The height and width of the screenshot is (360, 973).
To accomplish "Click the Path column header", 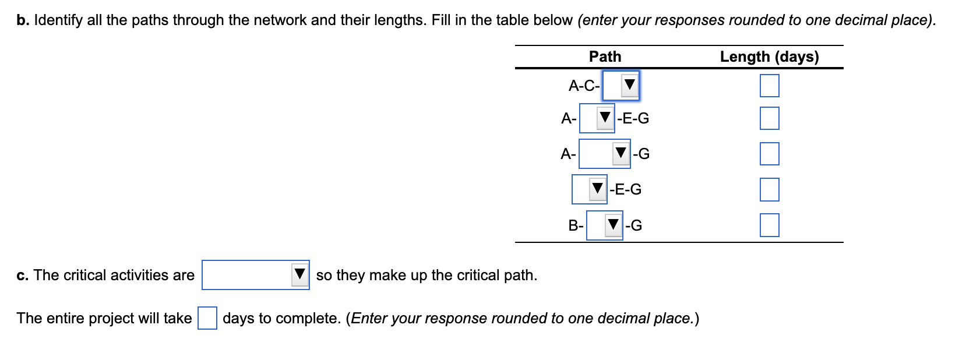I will pyautogui.click(x=605, y=57).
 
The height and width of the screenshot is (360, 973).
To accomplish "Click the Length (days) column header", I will pyautogui.click(x=769, y=57).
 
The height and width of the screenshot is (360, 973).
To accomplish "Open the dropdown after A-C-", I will pyautogui.click(x=621, y=86).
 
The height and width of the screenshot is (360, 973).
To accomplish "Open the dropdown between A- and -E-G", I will pyautogui.click(x=597, y=118).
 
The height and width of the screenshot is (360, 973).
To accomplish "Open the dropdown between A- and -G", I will pyautogui.click(x=605, y=154).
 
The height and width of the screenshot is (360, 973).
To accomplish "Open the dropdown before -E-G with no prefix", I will pyautogui.click(x=590, y=189).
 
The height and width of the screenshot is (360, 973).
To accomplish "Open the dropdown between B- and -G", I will pyautogui.click(x=605, y=225).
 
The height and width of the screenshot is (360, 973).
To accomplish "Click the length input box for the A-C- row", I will pyautogui.click(x=769, y=86).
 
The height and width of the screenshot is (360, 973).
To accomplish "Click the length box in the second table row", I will pyautogui.click(x=769, y=118).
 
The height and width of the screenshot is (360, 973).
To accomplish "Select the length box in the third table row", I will pyautogui.click(x=769, y=154).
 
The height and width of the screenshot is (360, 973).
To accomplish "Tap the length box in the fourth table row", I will pyautogui.click(x=769, y=189).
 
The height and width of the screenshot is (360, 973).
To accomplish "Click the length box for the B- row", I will pyautogui.click(x=769, y=225).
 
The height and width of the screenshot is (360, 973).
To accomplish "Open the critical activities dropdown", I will pyautogui.click(x=256, y=275).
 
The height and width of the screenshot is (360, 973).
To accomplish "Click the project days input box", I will pyautogui.click(x=207, y=318).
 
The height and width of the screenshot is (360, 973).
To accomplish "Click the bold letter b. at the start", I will pyautogui.click(x=23, y=20).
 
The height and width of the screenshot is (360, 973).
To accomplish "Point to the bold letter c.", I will pyautogui.click(x=22, y=276).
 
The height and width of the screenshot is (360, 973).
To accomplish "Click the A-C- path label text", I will pyautogui.click(x=584, y=86).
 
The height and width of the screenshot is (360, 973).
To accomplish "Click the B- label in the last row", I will pyautogui.click(x=576, y=226).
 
